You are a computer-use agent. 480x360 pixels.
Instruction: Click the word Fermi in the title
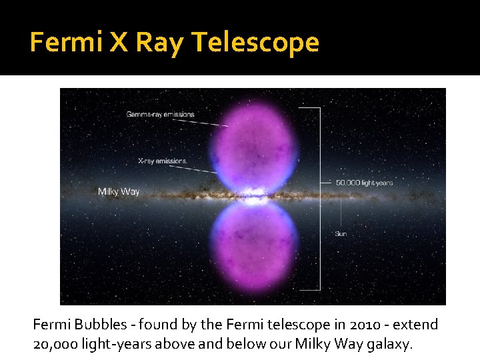[x=63, y=43]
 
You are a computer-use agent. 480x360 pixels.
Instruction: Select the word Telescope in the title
[x=256, y=43]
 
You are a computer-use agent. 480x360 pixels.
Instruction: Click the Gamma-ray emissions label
[x=160, y=114]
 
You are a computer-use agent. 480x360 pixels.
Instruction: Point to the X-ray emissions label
[x=163, y=161]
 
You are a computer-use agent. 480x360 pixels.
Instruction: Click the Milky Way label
[x=119, y=191]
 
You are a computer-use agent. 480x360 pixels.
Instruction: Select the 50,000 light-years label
[x=364, y=182]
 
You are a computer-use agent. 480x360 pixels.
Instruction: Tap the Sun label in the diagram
[x=341, y=234]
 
